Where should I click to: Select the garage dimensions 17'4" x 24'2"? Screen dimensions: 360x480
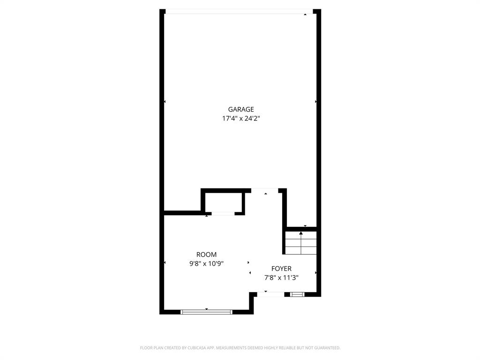(x=241, y=119)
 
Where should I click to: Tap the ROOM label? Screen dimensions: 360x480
(x=206, y=255)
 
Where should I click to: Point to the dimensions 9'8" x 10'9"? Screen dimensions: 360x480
(x=206, y=263)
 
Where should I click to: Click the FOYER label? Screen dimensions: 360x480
(x=281, y=269)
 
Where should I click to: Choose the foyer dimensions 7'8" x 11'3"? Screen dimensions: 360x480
(x=281, y=277)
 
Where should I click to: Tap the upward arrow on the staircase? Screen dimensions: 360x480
(x=301, y=233)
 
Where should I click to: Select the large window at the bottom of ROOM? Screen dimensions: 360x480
(x=206, y=311)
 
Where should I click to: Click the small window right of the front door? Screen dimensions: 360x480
(x=297, y=294)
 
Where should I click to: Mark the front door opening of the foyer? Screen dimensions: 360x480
(x=270, y=294)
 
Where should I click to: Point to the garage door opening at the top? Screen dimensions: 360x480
(x=239, y=12)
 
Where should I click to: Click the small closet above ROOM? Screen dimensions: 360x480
(x=223, y=202)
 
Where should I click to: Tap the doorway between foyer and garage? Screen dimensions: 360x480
(x=265, y=190)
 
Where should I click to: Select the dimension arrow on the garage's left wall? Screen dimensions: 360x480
(x=165, y=101)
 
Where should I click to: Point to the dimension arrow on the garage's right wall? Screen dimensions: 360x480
(x=316, y=101)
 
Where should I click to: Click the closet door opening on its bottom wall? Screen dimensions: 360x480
(x=223, y=214)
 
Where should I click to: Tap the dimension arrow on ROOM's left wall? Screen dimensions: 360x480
(x=165, y=262)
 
